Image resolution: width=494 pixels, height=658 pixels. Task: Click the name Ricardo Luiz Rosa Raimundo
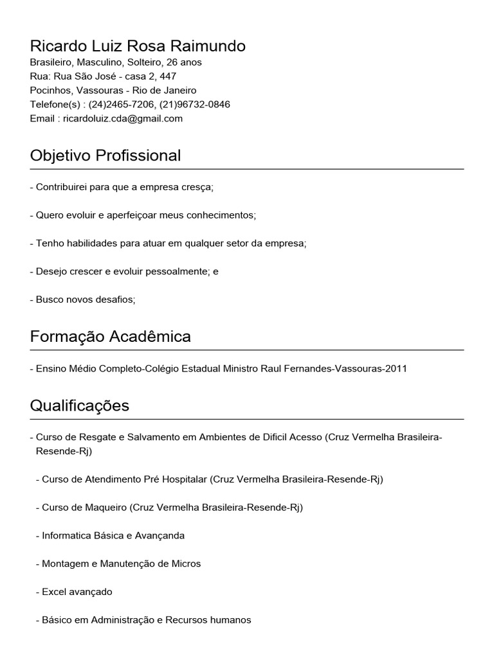pos(138,46)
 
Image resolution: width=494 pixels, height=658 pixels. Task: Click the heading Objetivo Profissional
pos(105,156)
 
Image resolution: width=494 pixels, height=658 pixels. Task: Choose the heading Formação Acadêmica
pos(111,337)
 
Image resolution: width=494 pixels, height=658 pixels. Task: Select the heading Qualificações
pos(80,405)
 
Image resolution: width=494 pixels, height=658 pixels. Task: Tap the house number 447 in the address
pos(169,76)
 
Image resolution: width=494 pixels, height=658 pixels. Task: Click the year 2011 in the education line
pos(396,369)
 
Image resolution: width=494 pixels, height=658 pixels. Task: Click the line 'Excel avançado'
pos(77,592)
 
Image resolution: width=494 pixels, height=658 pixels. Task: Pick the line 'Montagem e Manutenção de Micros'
pos(121,564)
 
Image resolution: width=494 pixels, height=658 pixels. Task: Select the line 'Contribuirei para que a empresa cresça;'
pos(122,187)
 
